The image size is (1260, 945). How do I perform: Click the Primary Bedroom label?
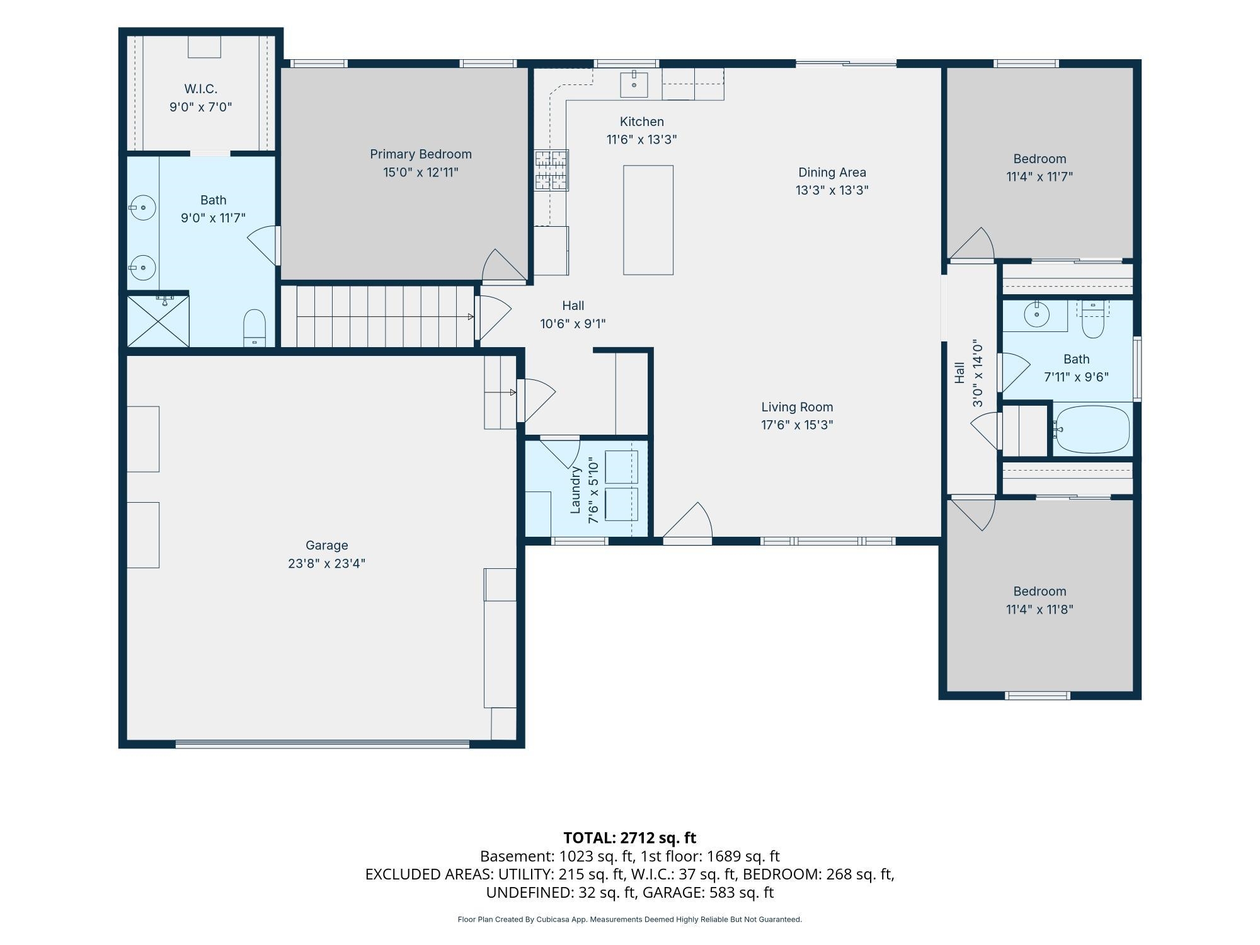(421, 154)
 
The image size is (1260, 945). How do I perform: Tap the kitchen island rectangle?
(648, 220)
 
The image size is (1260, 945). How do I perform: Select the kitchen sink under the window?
(634, 84)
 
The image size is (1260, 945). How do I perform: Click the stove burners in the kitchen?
(551, 170)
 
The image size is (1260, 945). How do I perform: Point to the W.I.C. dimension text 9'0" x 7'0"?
(201, 107)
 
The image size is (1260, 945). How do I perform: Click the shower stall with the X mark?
(158, 321)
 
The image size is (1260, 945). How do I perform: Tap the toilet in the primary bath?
(255, 328)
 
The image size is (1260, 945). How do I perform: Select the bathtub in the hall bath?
(1092, 430)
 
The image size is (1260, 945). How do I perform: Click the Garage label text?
(326, 546)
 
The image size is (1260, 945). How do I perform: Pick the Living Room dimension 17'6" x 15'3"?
(797, 425)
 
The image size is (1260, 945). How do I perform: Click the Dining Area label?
(832, 173)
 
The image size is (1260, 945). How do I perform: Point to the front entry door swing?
(687, 522)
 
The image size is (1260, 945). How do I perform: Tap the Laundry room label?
(575, 490)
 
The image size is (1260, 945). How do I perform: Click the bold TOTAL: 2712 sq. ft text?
(629, 838)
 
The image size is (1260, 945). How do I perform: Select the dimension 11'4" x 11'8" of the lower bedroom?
(1039, 610)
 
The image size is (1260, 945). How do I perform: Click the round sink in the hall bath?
(1036, 315)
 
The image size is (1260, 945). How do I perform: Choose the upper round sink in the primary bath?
(143, 207)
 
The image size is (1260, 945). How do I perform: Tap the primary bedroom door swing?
(505, 265)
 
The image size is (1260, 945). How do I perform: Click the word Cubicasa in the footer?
(554, 920)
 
